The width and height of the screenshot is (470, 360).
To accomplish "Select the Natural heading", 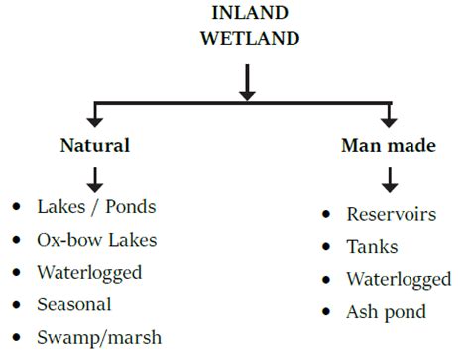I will coord(95,145).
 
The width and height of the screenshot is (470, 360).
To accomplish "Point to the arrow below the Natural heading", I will coord(95,179).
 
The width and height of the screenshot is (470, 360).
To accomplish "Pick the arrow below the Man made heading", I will coord(391,179).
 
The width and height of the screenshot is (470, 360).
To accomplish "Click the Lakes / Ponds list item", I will coord(96,208).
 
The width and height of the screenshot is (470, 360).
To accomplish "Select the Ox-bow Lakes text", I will coord(96,240).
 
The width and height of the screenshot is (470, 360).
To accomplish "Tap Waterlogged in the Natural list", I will coord(89,273).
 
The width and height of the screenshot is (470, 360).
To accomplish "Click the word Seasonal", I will coord(74,304).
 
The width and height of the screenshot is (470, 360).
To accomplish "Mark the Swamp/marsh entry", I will coord(98,337).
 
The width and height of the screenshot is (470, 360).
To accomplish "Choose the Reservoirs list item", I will coord(391,214).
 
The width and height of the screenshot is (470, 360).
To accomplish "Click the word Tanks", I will coord(372,247).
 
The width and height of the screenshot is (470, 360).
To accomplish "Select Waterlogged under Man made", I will coord(399,280).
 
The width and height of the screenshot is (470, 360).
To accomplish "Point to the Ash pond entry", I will coord(386,312).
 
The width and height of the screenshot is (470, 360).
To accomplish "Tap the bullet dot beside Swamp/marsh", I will coord(15,337).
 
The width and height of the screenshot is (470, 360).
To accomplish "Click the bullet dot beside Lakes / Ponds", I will coord(15,208).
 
